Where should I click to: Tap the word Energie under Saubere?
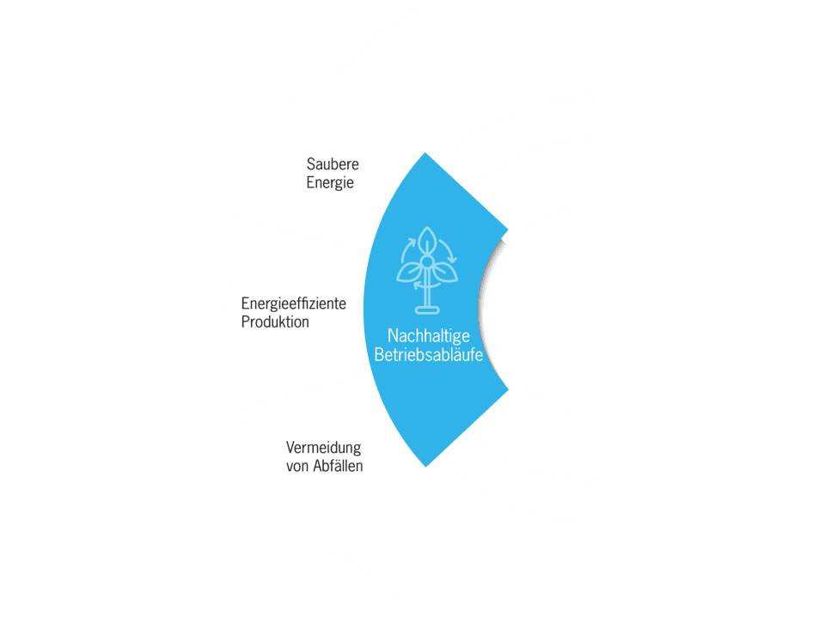point(330,183)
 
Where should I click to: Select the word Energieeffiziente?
point(293,303)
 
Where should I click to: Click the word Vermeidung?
point(323,448)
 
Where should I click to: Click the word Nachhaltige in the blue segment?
point(428,335)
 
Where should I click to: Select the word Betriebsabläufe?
point(428,354)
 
